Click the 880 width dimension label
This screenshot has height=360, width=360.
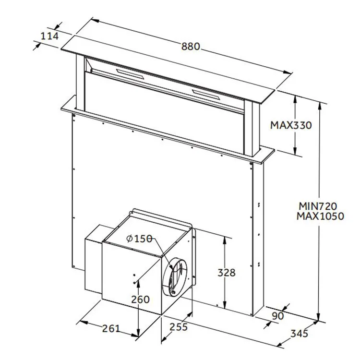pyautogui.click(x=191, y=47)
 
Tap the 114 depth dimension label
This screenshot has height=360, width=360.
pyautogui.click(x=49, y=36)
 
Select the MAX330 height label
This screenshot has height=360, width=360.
pyautogui.click(x=290, y=125)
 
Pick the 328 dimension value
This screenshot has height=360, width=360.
pyautogui.click(x=226, y=273)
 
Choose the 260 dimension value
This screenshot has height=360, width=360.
pyautogui.click(x=140, y=299)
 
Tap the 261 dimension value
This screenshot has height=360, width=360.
pyautogui.click(x=110, y=328)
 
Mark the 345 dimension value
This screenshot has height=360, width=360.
pyautogui.click(x=299, y=334)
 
